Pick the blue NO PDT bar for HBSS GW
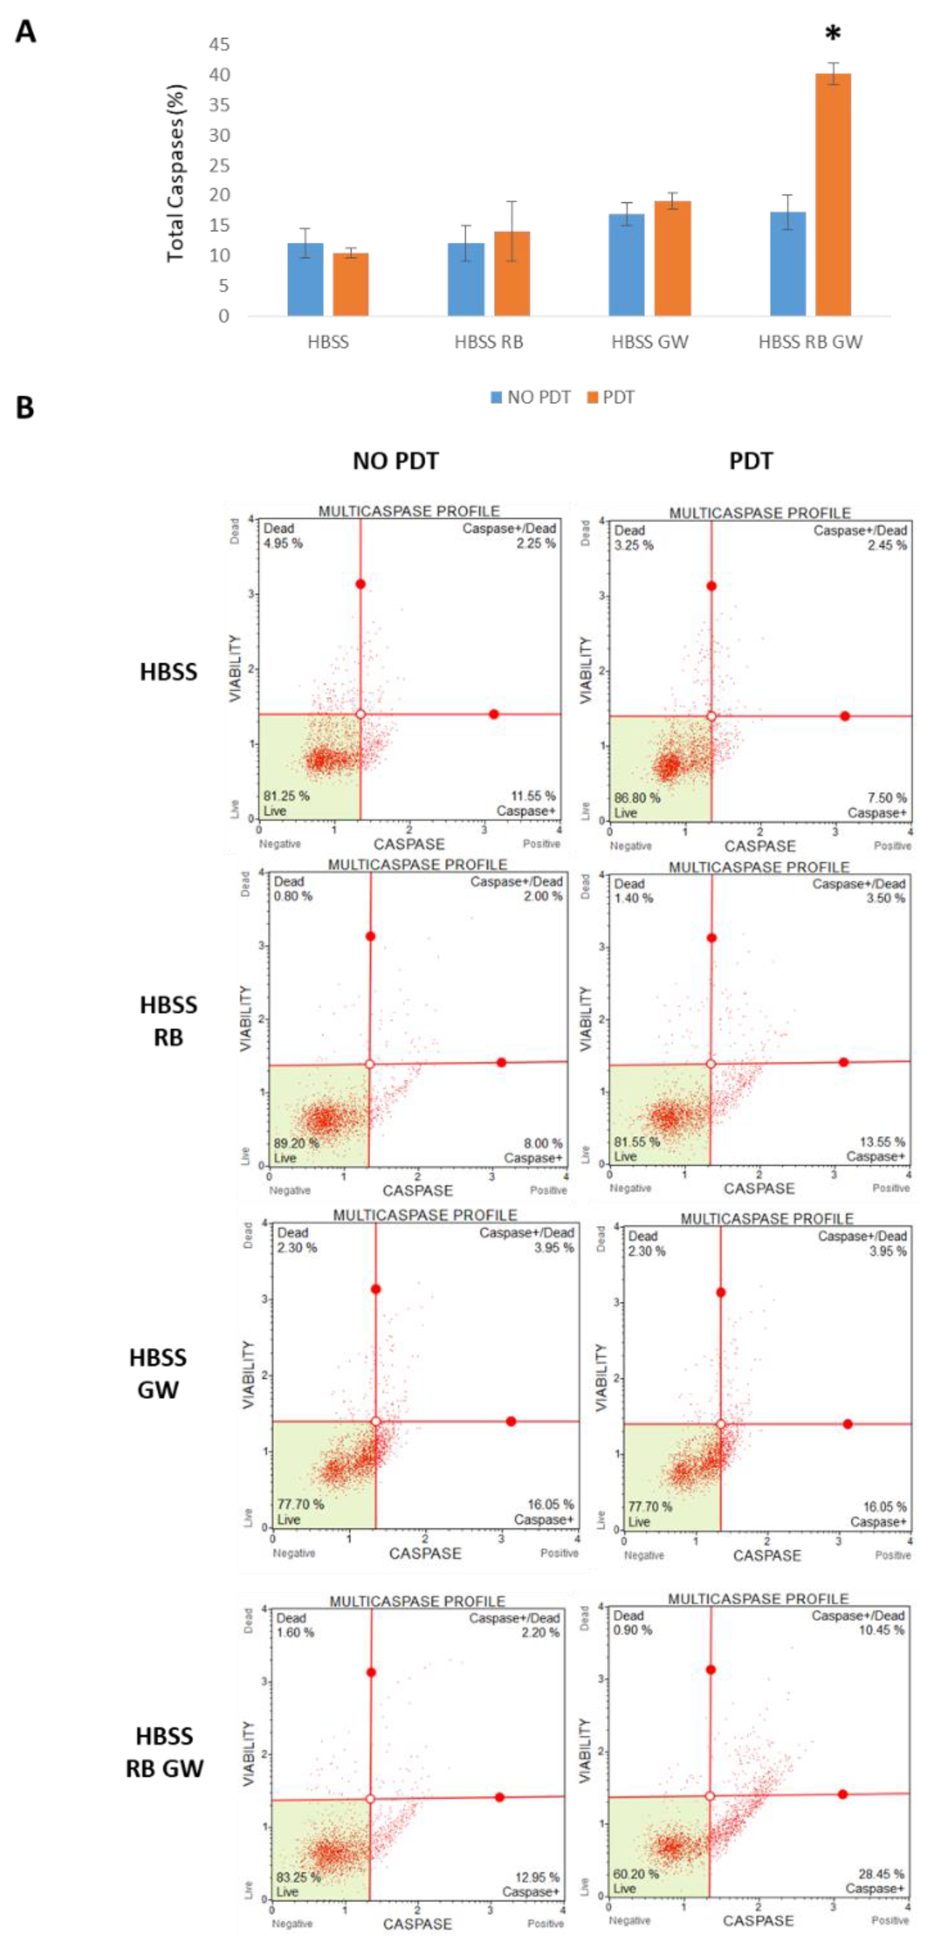tap(626, 265)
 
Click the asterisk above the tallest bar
tap(832, 34)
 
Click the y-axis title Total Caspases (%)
tap(176, 173)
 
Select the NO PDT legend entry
tap(530, 397)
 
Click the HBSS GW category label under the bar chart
tap(650, 343)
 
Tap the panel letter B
tap(25, 408)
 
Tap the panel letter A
tap(26, 32)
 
